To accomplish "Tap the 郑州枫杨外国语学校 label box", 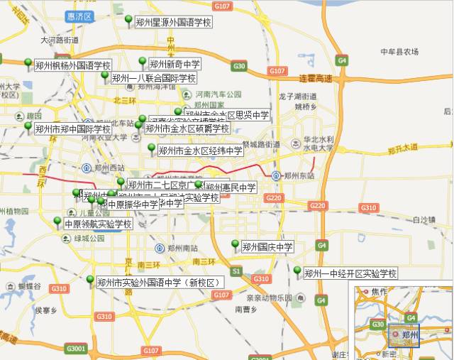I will click(x=68, y=65).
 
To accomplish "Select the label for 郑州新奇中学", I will click(x=175, y=65).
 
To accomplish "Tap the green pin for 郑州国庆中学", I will click(x=235, y=244).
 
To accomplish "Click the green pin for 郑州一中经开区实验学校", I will click(x=297, y=270).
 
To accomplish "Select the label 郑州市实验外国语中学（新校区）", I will click(x=160, y=283).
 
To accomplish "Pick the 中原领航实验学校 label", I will click(x=98, y=224).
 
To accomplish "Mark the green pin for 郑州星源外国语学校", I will click(x=128, y=18).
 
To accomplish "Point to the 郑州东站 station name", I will click(x=298, y=175).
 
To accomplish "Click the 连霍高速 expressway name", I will click(x=316, y=77).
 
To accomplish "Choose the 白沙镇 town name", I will click(x=423, y=219).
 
